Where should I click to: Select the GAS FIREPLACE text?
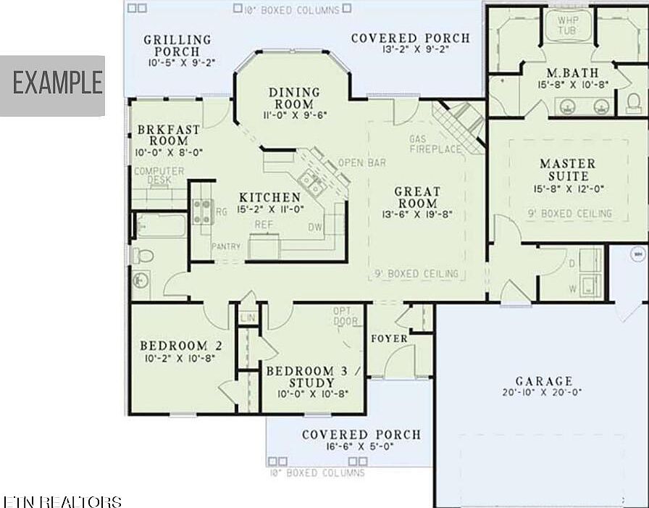pos(435,144)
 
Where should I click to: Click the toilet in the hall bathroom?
pos(143,256)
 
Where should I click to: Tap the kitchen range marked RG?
pos(202,211)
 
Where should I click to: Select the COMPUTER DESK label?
pos(159,175)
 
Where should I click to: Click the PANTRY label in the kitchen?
pos(226,247)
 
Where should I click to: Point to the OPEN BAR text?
pos(362,163)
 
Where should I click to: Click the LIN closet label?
pos(248,317)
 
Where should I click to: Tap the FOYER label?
pos(389,338)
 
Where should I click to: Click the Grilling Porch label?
pos(177,46)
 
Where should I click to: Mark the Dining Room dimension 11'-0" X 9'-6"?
pos(294,114)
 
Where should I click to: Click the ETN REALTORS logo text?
pos(62,501)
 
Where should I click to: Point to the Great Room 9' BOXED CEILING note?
pos(416,274)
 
